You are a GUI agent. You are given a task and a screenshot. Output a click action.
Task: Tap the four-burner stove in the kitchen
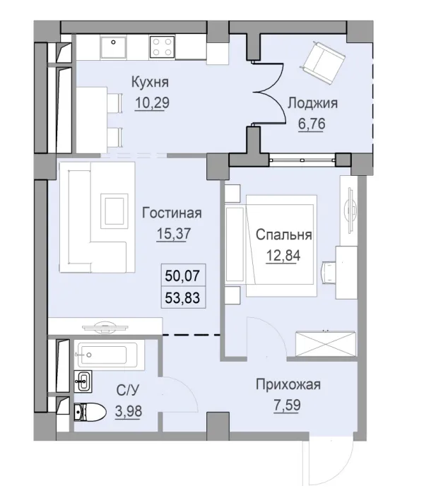[163, 47]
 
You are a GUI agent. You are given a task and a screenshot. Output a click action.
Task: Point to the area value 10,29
[152, 102]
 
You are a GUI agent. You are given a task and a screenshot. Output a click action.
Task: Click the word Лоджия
[312, 103]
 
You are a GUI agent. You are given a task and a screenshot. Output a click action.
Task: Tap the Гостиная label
[172, 213]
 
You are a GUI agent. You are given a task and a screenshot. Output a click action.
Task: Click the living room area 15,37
[172, 233]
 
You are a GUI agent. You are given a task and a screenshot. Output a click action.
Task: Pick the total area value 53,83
[182, 297]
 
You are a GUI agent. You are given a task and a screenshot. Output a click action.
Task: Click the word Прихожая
[288, 385]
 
